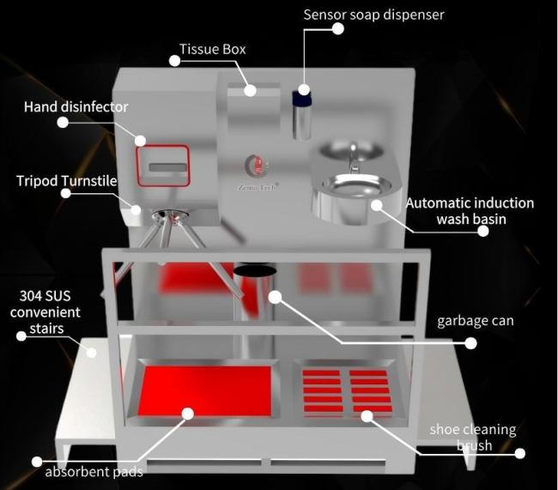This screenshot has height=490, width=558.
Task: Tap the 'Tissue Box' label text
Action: [212, 49]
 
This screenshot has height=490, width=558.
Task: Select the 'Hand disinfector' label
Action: [76, 107]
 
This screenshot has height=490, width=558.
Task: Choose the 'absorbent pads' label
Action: [94, 470]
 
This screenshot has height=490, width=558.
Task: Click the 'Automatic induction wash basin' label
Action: [470, 211]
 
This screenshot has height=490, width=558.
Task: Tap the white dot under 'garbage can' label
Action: [470, 343]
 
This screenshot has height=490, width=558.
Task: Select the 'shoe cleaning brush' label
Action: [474, 437]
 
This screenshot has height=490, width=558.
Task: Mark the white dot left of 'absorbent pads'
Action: [37, 462]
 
